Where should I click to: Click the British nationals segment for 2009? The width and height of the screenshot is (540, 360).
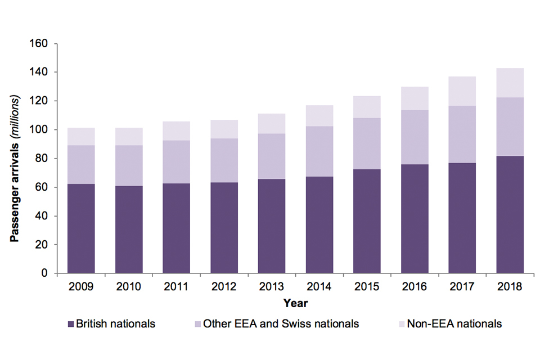click(x=81, y=228)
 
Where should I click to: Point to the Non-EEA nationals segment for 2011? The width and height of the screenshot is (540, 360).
click(x=177, y=131)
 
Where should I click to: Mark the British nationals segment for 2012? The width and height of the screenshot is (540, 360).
click(x=224, y=228)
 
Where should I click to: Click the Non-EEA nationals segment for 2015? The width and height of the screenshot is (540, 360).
click(x=367, y=107)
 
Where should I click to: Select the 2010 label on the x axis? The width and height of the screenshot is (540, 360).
click(x=129, y=287)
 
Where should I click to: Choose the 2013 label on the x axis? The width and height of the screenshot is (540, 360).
click(x=272, y=287)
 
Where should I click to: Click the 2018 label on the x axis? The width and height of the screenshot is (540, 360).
click(x=510, y=287)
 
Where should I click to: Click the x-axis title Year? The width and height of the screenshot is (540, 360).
click(x=295, y=303)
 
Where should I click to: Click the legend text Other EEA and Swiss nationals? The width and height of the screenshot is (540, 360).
click(x=281, y=324)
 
